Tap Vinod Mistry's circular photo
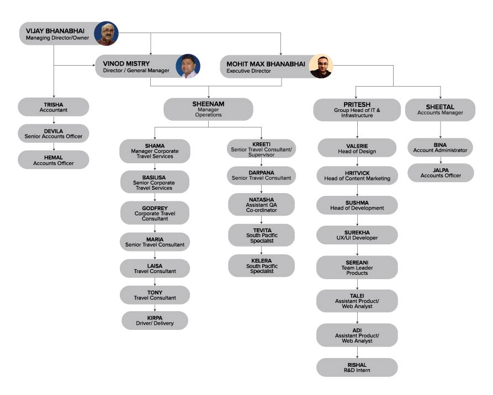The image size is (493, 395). pyautogui.click(x=188, y=66)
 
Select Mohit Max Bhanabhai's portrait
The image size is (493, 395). pyautogui.click(x=321, y=66)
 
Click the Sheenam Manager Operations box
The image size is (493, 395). pyautogui.click(x=208, y=109)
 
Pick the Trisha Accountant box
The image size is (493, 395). pyautogui.click(x=54, y=107)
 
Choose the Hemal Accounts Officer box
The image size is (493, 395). pyautogui.click(x=54, y=159)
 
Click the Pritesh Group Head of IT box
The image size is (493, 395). pyautogui.click(x=357, y=110)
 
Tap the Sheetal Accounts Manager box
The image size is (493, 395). pyautogui.click(x=440, y=110)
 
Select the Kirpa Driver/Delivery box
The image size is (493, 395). pyautogui.click(x=155, y=321)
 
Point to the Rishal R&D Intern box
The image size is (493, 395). pyautogui.click(x=357, y=367)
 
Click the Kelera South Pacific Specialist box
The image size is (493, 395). pyautogui.click(x=261, y=266)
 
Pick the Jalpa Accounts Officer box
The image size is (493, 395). pyautogui.click(x=441, y=173)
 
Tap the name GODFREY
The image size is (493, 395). pyautogui.click(x=155, y=208)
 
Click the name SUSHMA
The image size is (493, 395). pyautogui.click(x=357, y=202)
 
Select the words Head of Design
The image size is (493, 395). pyautogui.click(x=357, y=152)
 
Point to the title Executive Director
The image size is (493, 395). pyautogui.click(x=248, y=71)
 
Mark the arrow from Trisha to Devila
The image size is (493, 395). pyautogui.click(x=54, y=120)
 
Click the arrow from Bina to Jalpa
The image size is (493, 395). pyautogui.click(x=441, y=160)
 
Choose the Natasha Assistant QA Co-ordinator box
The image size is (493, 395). pyautogui.click(x=261, y=205)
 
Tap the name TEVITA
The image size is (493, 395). pyautogui.click(x=262, y=231)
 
